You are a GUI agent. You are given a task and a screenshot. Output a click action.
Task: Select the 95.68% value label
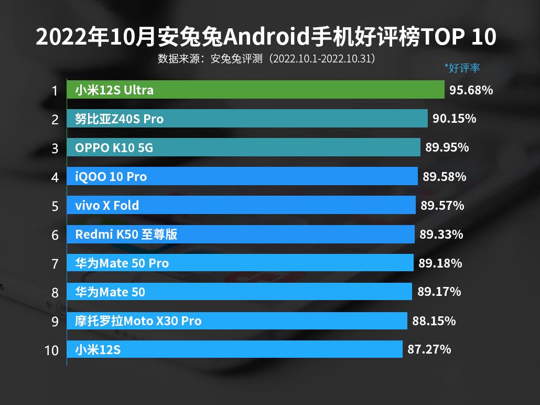(471, 90)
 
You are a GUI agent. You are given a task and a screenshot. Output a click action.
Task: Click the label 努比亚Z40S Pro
(119, 119)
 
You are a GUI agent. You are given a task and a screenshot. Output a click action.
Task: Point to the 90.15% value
(454, 119)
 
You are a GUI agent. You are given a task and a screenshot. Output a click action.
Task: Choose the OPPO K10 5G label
(114, 148)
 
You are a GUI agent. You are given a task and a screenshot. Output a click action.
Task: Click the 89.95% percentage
(447, 147)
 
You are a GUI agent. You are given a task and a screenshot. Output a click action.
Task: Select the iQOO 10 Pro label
(111, 177)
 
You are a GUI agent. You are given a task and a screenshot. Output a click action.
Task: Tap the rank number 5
(55, 206)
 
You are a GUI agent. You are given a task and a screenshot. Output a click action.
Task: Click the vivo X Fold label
(107, 205)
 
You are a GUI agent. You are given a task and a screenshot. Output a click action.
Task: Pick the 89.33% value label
(441, 235)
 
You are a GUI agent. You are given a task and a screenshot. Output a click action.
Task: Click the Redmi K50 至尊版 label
(126, 235)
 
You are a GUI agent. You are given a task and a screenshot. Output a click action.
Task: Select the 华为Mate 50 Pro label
(122, 263)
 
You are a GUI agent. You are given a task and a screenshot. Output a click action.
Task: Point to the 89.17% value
(439, 291)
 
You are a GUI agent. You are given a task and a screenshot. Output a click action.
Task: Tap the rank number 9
(55, 321)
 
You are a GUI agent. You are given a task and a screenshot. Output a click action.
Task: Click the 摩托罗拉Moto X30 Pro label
(138, 321)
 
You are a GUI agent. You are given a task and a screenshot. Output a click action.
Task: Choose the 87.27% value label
(429, 349)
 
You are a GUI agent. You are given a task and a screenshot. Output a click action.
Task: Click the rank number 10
(52, 350)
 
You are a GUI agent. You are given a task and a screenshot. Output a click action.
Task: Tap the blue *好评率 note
(462, 68)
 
